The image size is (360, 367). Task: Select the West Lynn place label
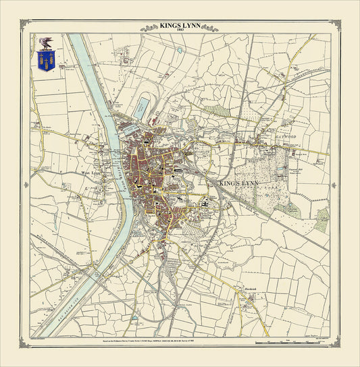91,172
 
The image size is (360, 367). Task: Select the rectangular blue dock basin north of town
143,106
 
